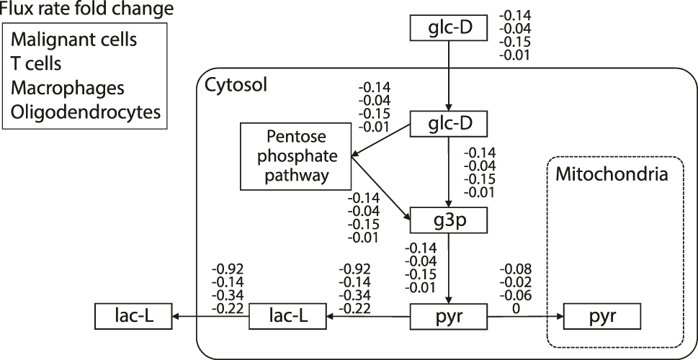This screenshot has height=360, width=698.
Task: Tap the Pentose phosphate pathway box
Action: coord(295,156)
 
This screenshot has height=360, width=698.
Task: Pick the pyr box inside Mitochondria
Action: coord(601,316)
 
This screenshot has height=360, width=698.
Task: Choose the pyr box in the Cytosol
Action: coord(449,316)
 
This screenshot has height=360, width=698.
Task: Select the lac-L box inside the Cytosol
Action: coord(287,316)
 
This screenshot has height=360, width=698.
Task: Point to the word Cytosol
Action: coord(236,85)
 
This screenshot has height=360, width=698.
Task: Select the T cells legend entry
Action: coord(36,63)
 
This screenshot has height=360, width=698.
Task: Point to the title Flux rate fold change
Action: coord(86,9)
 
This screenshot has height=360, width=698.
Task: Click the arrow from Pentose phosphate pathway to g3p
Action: coord(380,184)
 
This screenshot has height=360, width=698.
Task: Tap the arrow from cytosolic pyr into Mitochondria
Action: coord(526,316)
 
